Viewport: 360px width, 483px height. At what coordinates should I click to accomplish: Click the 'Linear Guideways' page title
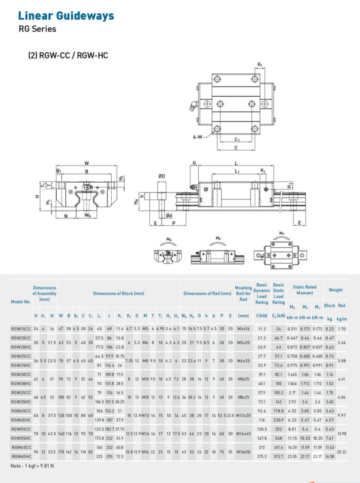pos(66,16)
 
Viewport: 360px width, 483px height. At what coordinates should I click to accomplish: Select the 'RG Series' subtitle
pos(37,29)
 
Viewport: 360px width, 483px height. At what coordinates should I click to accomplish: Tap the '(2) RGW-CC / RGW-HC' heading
pos(68,56)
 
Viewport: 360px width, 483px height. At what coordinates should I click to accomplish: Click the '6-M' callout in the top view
pos(198,136)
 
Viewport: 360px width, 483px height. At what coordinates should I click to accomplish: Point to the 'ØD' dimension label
pos(162,176)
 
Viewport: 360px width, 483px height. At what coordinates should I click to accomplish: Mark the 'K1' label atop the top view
pos(261,64)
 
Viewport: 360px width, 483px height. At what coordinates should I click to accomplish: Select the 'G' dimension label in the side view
pos(194,163)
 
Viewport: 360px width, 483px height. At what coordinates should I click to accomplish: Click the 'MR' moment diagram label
pos(168,239)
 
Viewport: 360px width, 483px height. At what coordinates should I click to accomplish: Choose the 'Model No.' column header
pos(21,302)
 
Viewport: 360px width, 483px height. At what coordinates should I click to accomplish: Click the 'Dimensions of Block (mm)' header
pos(118,293)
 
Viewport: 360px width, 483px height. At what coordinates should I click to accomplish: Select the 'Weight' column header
pos(335,290)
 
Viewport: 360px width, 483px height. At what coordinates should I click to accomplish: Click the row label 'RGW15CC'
pos(21,329)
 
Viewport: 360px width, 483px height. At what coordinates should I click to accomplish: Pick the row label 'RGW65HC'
pos(21,456)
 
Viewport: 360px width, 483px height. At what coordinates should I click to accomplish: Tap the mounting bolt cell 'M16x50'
pos(243,452)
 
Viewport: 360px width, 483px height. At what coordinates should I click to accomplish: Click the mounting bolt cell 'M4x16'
pos(243,329)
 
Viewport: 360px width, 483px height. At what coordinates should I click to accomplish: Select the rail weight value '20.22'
pos(342,452)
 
